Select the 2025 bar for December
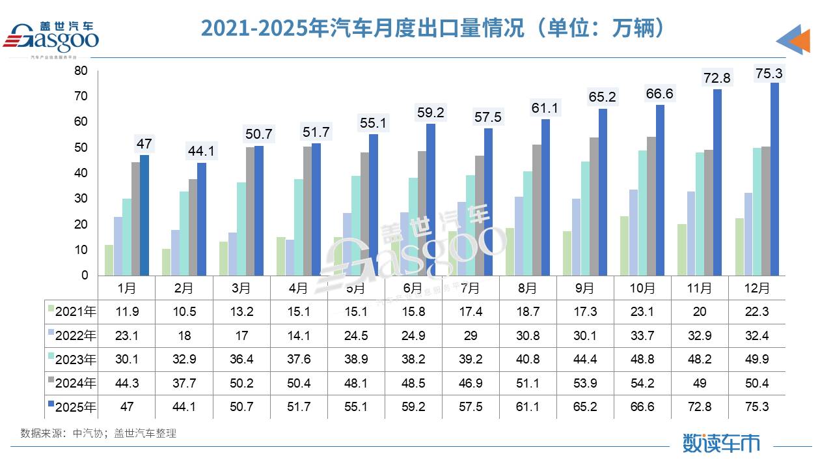click(774, 179)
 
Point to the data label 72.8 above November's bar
click(717, 78)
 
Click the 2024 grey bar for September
click(594, 206)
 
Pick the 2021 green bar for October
click(624, 246)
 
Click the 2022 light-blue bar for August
click(519, 236)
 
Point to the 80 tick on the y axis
click(81, 70)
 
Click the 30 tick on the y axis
click(81, 199)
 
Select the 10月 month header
click(642, 287)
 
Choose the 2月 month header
click(184, 287)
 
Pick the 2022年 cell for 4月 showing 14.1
click(298, 335)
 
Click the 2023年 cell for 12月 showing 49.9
click(756, 359)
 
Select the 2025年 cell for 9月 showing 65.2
click(584, 406)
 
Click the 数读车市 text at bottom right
click(721, 443)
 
